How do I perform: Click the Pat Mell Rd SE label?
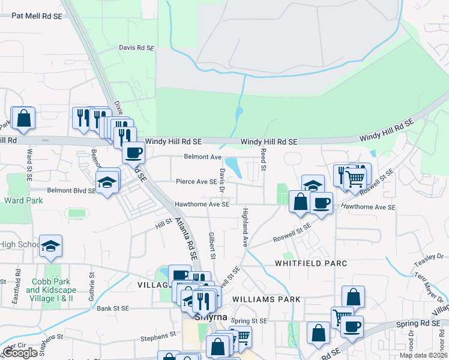[x=37, y=17]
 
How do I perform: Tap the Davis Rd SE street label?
[x=137, y=47]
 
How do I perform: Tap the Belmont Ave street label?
[x=202, y=157]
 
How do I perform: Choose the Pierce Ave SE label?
[x=196, y=181]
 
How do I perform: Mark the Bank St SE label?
[x=113, y=308]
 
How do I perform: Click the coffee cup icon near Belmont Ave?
[x=133, y=152]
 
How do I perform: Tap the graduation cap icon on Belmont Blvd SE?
[x=107, y=181]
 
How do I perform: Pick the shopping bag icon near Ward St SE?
[x=23, y=118]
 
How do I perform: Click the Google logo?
[x=20, y=353]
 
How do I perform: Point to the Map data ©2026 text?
[x=423, y=355]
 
